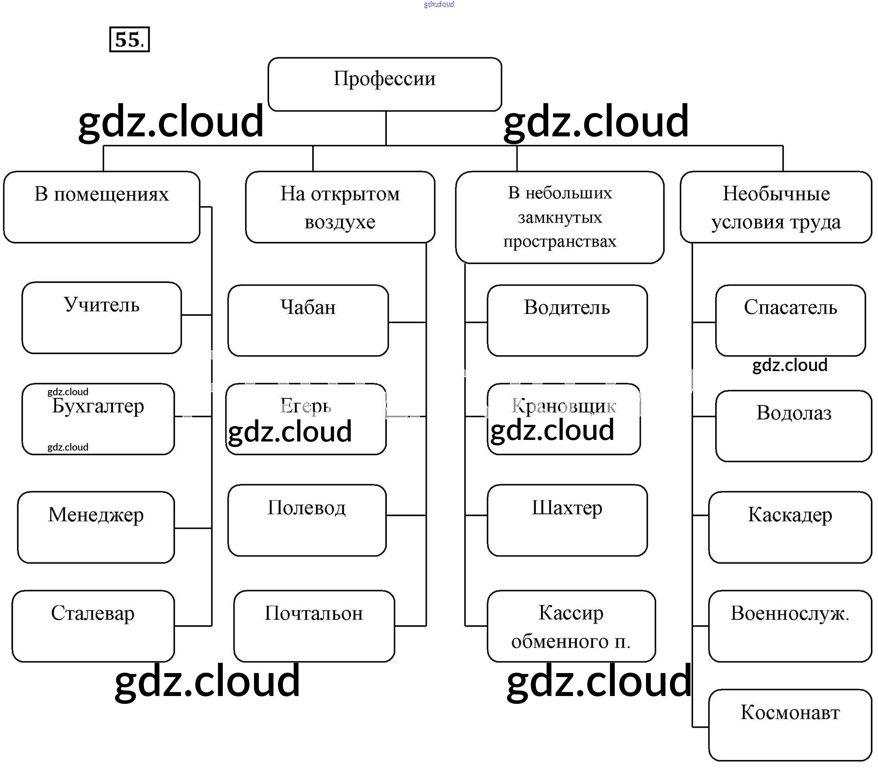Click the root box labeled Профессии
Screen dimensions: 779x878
[384, 84]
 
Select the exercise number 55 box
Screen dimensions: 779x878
[129, 40]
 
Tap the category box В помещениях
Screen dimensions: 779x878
[102, 207]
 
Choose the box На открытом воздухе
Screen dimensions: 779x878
[340, 207]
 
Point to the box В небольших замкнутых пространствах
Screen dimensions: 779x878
[559, 217]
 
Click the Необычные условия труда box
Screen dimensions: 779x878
[775, 207]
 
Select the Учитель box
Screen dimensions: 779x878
[102, 317]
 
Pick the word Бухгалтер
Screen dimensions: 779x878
[98, 406]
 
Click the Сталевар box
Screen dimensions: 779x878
[93, 626]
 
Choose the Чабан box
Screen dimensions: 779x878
[308, 320]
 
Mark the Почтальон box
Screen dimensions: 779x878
[314, 626]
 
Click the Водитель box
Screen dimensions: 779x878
[567, 320]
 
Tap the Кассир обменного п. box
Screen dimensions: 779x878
[571, 626]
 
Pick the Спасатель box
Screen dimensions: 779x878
[790, 320]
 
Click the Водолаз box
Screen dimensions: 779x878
[793, 425]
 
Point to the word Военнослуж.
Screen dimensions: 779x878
[789, 613]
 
